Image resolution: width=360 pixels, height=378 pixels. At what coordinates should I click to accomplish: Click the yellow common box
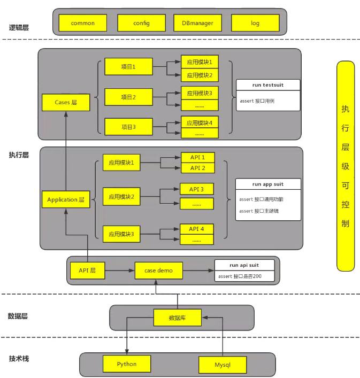coord(83,23)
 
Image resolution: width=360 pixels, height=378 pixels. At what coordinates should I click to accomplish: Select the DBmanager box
coord(197,23)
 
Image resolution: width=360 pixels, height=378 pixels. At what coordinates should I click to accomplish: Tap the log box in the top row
coord(255,23)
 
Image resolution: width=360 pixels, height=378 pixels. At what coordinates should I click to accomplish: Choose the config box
coord(142,23)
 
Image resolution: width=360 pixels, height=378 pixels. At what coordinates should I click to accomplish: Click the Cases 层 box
coord(66,103)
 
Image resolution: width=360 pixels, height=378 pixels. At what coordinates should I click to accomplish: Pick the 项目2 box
coord(128,97)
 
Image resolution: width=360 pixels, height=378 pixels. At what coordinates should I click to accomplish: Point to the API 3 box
coord(196,189)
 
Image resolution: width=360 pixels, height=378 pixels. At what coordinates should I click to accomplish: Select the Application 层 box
coord(66,199)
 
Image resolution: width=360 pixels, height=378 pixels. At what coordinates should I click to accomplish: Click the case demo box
coord(159,271)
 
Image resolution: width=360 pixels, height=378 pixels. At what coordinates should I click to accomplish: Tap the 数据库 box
coord(178,318)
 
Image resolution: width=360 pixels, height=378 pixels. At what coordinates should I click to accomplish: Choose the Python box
coord(127,364)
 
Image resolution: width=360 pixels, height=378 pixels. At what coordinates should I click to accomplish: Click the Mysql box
coord(223,365)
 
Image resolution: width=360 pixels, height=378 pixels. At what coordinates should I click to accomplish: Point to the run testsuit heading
coord(268,85)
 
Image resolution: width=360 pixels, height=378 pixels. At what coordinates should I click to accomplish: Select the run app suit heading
coord(268,184)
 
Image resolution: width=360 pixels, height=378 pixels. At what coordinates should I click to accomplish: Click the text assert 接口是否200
coord(240,276)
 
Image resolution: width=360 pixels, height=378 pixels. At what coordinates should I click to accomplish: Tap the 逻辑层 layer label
coord(19,27)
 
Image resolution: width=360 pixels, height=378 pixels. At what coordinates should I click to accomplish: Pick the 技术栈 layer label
coord(19,358)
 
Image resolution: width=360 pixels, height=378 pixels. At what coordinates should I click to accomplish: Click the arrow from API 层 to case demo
coord(120,271)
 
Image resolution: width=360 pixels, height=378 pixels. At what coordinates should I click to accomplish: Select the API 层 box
coord(87,271)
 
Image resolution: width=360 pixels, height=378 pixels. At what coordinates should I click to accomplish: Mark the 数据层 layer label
coord(18,316)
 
